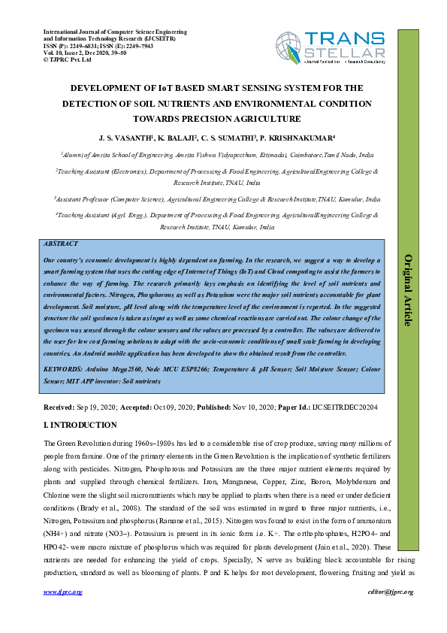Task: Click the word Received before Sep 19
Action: point(59,407)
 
